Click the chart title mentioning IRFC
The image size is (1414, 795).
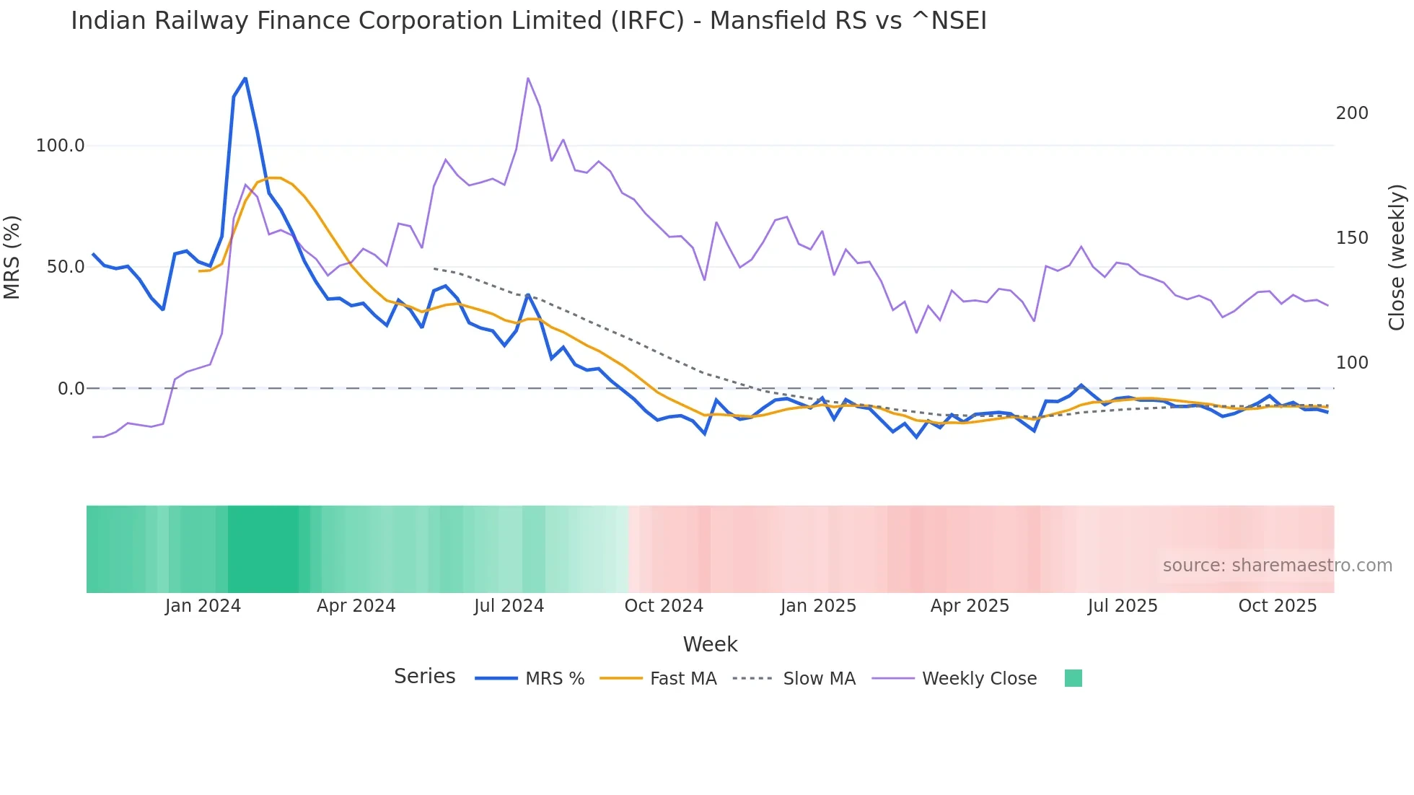[528, 21]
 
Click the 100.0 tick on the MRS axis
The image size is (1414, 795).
[60, 146]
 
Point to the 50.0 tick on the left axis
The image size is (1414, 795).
[65, 267]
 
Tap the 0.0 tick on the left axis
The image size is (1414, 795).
[71, 389]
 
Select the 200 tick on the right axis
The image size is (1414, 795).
[1352, 113]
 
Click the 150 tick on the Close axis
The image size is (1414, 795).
[1352, 238]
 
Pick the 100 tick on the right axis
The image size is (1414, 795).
[1352, 363]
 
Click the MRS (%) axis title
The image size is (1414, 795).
[12, 257]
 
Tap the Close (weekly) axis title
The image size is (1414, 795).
[1397, 257]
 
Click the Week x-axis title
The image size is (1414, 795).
[710, 644]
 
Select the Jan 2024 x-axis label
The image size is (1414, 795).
[203, 606]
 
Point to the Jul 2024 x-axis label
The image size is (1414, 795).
[509, 606]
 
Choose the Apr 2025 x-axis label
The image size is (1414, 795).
[970, 606]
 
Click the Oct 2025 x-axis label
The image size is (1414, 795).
[1277, 606]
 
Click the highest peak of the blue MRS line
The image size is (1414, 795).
[245, 78]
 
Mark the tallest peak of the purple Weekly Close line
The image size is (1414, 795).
[528, 78]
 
